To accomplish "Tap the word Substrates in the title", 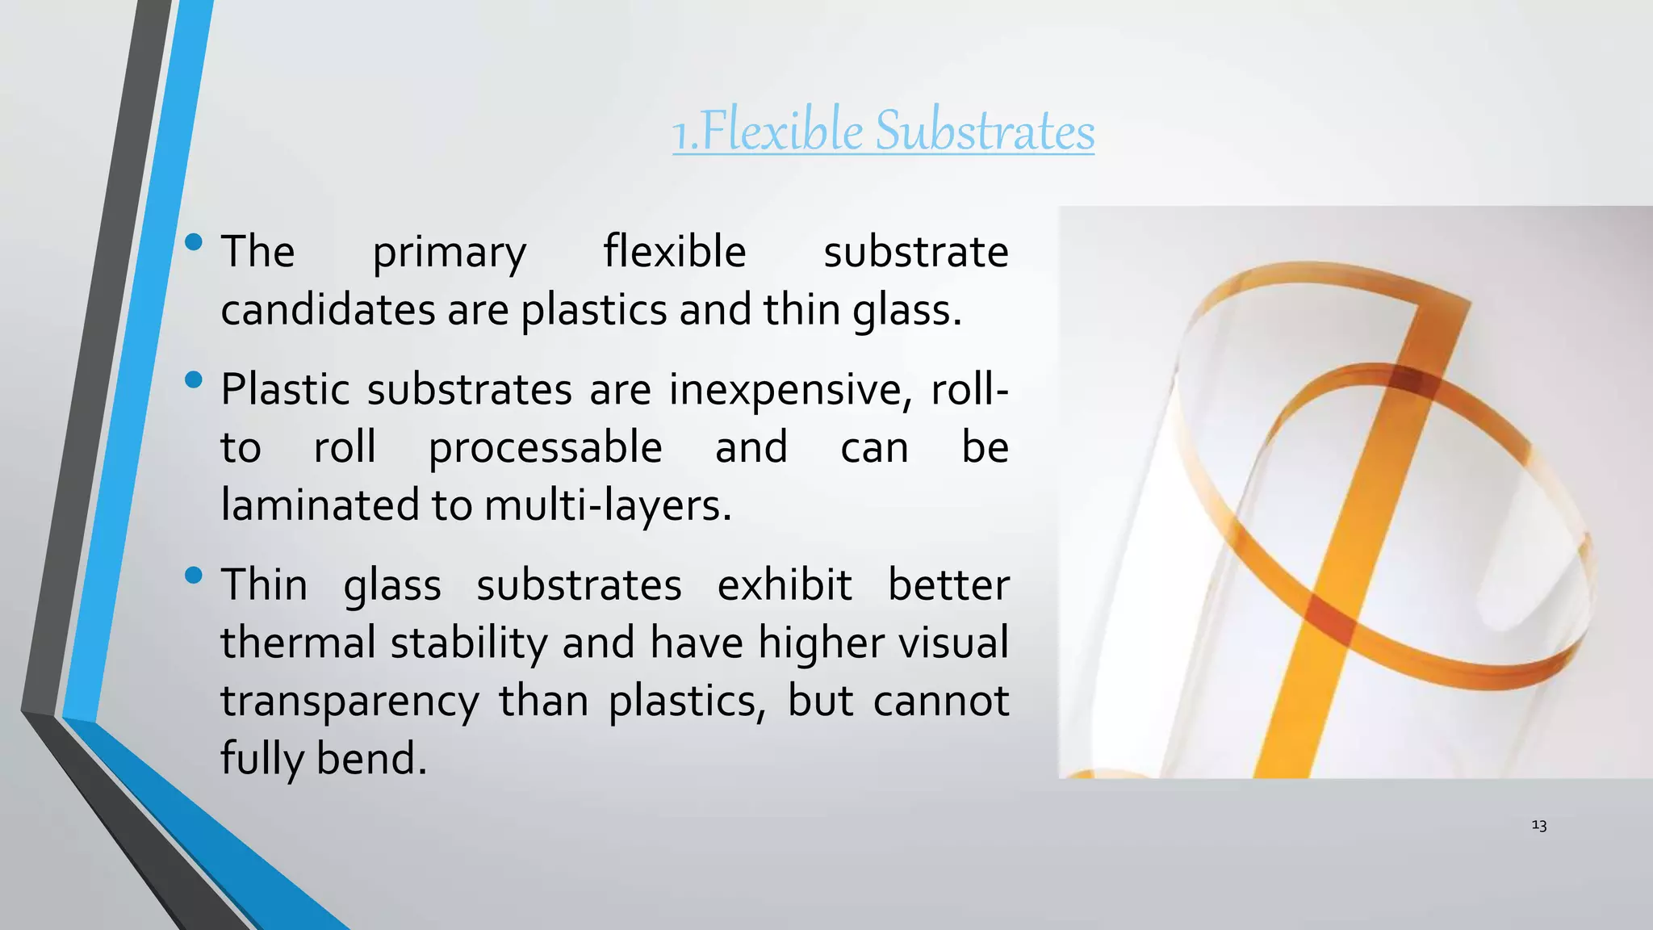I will [985, 131].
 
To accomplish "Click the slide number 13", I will [1538, 825].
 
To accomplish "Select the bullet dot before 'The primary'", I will [194, 242].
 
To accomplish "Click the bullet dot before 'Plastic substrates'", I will [194, 379].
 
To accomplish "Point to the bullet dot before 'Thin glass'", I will [194, 576].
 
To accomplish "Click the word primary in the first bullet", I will [449, 253].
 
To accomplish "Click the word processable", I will [545, 449].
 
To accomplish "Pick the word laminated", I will [320, 506].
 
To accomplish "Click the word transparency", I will [349, 702].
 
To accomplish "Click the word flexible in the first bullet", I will [674, 252].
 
